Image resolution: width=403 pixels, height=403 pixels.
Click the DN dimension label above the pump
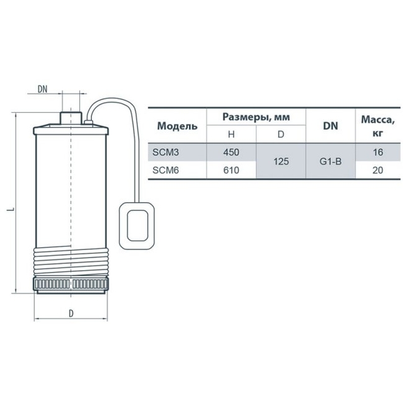pyautogui.click(x=43, y=89)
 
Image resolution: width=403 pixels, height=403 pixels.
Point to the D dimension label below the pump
pyautogui.click(x=71, y=314)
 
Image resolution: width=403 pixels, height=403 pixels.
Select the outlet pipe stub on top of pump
pyautogui.click(x=71, y=118)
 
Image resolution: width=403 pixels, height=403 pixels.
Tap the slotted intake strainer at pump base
pyautogui.click(x=71, y=284)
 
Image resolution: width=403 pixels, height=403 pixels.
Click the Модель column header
pyautogui.click(x=178, y=126)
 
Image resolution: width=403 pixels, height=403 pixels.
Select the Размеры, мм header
pyautogui.click(x=256, y=117)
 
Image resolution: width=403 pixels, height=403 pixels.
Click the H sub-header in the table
pyautogui.click(x=231, y=134)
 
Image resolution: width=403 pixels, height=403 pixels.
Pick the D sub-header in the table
pyautogui.click(x=281, y=134)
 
